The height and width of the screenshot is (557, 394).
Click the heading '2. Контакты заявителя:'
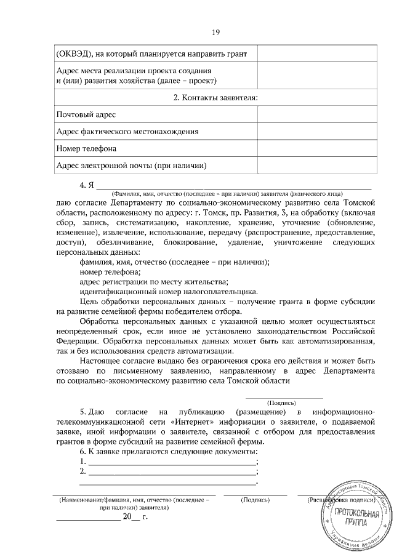(x=215, y=97)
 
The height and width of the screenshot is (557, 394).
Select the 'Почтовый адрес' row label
(x=86, y=114)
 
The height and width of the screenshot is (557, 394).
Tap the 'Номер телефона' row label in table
(x=87, y=148)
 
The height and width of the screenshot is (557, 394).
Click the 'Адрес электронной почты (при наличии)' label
(x=131, y=166)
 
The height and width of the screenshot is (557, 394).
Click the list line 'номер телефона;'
(x=111, y=271)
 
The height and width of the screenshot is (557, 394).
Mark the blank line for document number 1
(x=172, y=461)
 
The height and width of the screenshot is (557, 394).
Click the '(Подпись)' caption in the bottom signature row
(x=255, y=501)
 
